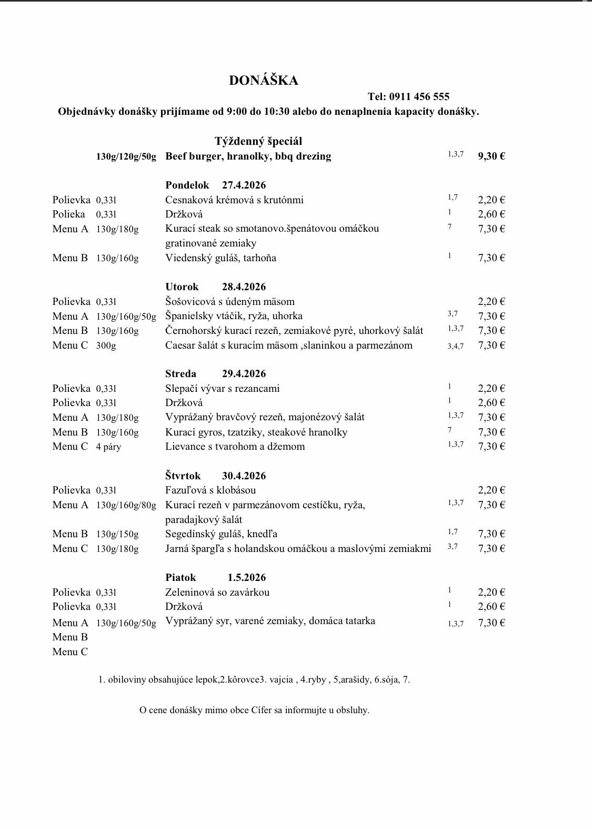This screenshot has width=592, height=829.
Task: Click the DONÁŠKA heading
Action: click(263, 80)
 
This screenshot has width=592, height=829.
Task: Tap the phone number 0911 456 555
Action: click(419, 96)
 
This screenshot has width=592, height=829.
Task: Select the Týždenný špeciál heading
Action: click(258, 141)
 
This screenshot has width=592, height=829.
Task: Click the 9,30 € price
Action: click(491, 156)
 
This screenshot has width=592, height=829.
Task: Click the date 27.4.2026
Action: click(244, 185)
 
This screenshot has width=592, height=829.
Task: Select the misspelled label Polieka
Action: click(68, 214)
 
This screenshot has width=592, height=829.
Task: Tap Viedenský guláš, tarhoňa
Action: click(220, 258)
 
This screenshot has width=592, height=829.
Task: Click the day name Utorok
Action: click(182, 287)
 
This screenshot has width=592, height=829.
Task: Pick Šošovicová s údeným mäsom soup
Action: click(229, 301)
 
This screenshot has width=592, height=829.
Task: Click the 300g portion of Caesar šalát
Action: click(106, 346)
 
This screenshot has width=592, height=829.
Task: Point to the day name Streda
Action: click(180, 373)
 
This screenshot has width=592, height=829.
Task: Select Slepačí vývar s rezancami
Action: click(222, 388)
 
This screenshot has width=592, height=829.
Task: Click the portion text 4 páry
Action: click(108, 447)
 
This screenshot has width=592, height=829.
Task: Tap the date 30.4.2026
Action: click(244, 476)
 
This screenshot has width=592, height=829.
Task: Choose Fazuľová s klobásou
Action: click(210, 490)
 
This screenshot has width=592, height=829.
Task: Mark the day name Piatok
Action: click(180, 577)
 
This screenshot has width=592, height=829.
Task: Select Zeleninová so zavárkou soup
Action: click(217, 592)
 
